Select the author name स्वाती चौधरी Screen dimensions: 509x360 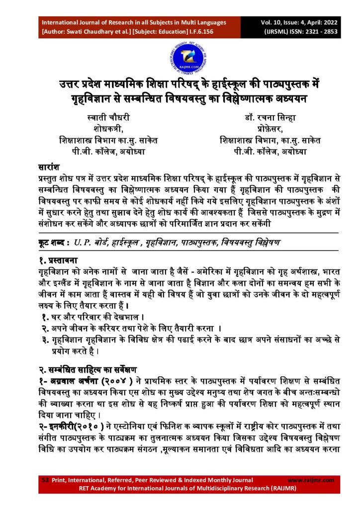click(108, 117)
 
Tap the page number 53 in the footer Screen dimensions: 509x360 click(44, 480)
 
